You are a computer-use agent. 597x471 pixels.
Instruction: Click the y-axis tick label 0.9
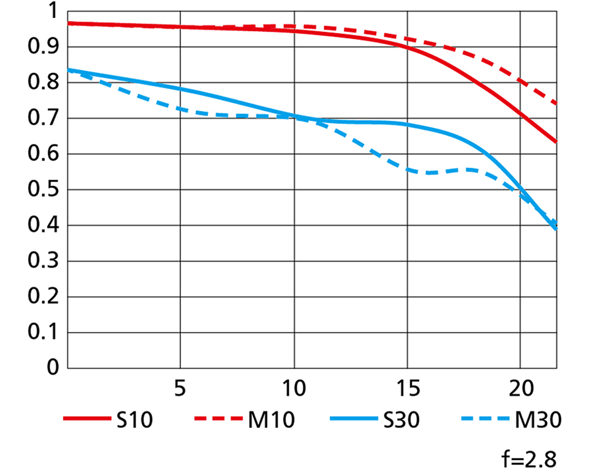(x=41, y=47)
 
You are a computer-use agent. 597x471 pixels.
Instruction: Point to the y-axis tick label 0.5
(x=41, y=190)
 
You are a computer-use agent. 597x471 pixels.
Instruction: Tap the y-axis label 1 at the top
(x=51, y=11)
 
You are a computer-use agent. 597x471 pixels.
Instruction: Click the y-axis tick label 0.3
(x=41, y=261)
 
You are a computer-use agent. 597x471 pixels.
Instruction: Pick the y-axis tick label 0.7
(x=41, y=119)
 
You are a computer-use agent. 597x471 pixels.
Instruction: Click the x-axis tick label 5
(x=180, y=388)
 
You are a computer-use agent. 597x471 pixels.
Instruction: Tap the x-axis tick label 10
(x=293, y=388)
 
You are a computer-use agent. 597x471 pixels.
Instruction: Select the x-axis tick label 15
(x=407, y=388)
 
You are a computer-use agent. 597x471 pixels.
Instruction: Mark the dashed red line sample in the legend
(x=217, y=420)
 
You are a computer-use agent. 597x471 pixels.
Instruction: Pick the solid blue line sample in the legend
(x=352, y=420)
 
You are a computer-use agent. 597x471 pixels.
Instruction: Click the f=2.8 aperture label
(x=529, y=459)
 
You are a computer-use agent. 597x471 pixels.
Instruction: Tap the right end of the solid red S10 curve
(x=556, y=141)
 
